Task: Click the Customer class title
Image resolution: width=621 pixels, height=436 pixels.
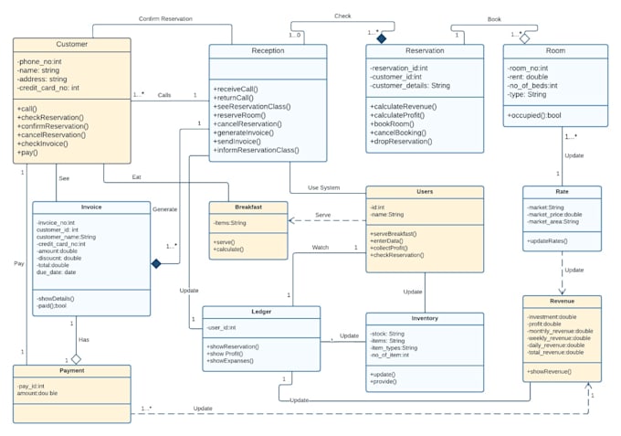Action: tap(71, 44)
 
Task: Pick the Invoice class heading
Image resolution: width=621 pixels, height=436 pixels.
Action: tap(91, 207)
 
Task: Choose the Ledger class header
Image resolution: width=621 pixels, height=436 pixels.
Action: tap(260, 312)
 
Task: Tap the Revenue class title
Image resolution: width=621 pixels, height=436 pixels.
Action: tap(562, 301)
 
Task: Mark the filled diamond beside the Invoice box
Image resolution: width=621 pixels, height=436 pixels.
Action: tap(156, 263)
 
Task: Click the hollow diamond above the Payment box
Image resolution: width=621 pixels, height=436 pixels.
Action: tap(77, 358)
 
